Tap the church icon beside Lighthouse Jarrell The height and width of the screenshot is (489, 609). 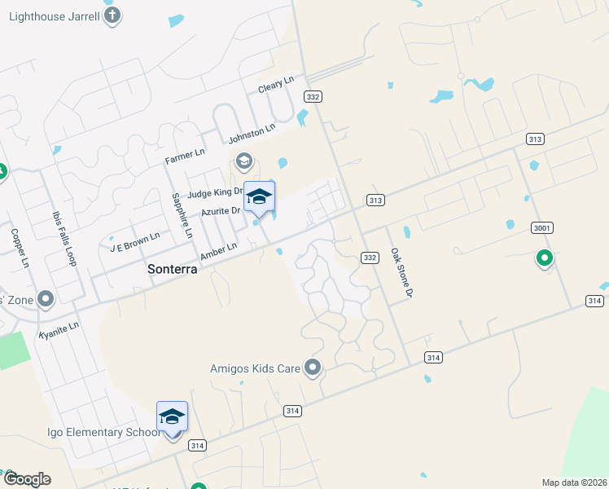tap(113, 15)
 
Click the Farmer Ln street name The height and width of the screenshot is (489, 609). tap(186, 153)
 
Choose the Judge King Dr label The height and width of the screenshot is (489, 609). tap(216, 193)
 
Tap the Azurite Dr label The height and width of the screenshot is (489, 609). tap(220, 211)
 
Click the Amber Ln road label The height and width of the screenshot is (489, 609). tap(218, 251)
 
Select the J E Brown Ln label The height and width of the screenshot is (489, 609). tap(135, 240)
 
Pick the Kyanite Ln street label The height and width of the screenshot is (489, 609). tap(59, 330)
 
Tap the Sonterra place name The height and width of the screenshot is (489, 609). tap(172, 268)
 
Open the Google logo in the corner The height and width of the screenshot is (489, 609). tap(26, 479)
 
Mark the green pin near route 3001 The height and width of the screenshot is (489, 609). tap(544, 259)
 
